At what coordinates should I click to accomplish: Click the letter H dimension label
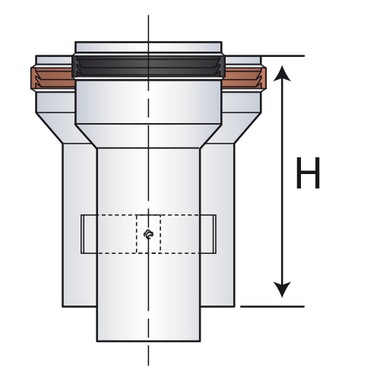tap(308, 173)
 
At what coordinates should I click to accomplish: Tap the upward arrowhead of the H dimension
tap(282, 73)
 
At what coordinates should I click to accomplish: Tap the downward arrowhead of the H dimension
tap(282, 290)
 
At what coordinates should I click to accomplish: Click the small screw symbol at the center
tap(148, 234)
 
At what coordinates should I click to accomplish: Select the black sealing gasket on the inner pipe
tap(148, 67)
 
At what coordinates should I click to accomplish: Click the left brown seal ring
tap(52, 78)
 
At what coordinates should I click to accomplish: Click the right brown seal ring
tap(244, 78)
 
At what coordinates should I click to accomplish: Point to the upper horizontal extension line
tap(283, 55)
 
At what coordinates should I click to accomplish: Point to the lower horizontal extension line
tap(272, 306)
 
